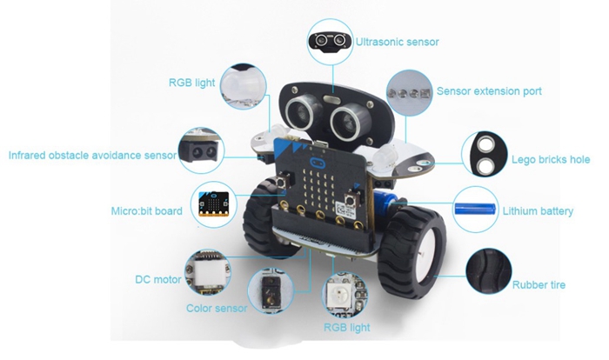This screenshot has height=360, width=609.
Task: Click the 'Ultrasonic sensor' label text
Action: click(x=398, y=42)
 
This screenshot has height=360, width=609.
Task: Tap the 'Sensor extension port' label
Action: click(x=489, y=91)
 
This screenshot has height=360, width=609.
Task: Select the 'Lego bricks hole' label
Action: click(x=551, y=160)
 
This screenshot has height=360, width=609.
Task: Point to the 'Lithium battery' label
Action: click(x=538, y=211)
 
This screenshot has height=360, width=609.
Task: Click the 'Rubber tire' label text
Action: click(x=539, y=285)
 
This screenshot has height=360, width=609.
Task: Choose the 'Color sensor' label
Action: click(x=217, y=309)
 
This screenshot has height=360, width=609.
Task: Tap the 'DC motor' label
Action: click(x=158, y=280)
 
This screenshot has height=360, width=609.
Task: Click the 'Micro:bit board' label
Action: click(x=147, y=211)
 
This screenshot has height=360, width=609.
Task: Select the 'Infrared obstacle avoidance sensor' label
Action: click(x=92, y=156)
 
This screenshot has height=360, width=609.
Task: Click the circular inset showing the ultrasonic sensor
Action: click(x=331, y=41)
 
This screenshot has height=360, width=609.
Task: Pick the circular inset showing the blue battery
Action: click(x=476, y=210)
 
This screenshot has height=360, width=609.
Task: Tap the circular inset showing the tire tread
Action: click(x=489, y=271)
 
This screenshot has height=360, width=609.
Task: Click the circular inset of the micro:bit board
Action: click(x=214, y=204)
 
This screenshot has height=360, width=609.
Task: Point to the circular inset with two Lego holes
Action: click(x=485, y=154)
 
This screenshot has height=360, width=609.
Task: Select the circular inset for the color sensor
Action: click(x=271, y=291)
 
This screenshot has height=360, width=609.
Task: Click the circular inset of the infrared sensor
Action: click(x=202, y=150)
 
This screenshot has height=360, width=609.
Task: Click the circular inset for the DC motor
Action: click(x=208, y=272)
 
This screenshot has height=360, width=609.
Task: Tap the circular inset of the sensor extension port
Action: click(x=410, y=93)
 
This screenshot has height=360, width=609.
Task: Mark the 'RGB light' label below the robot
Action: click(x=347, y=328)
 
